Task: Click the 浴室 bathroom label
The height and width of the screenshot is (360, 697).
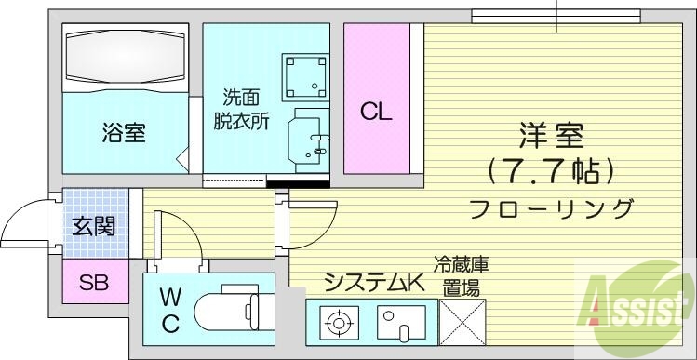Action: coord(123,133)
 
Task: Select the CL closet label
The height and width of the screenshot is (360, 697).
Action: coord(377,113)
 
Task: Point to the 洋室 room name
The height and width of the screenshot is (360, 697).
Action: coord(551,136)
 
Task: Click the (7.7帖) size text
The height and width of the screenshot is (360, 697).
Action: coord(551,170)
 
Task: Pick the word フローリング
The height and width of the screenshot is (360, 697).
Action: coord(551,207)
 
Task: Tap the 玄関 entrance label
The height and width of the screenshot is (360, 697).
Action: coord(93,226)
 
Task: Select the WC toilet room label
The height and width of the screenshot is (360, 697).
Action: coord(170,310)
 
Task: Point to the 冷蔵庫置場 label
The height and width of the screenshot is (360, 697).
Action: coord(461,276)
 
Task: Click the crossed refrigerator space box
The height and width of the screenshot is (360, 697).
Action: coord(460,323)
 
